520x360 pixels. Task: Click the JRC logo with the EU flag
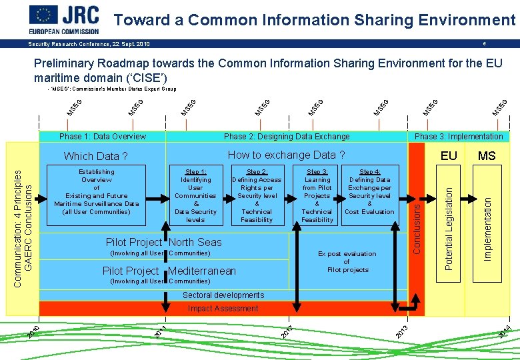[64, 19]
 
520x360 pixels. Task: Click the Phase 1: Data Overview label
[103, 137]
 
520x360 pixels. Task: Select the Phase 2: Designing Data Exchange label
[287, 137]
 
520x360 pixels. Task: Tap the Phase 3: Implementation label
[459, 137]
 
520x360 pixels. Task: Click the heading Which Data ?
[95, 157]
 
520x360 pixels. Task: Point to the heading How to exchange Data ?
[286, 155]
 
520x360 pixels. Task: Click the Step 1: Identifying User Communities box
[195, 195]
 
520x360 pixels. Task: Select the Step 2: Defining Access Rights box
[257, 195]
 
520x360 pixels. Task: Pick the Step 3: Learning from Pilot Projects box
[317, 195]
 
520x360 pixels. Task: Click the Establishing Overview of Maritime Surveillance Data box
[97, 191]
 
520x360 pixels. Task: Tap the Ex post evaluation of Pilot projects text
[347, 262]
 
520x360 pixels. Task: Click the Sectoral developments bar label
[223, 295]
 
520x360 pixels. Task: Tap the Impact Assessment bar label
[223, 309]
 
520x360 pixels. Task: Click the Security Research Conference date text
[89, 44]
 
